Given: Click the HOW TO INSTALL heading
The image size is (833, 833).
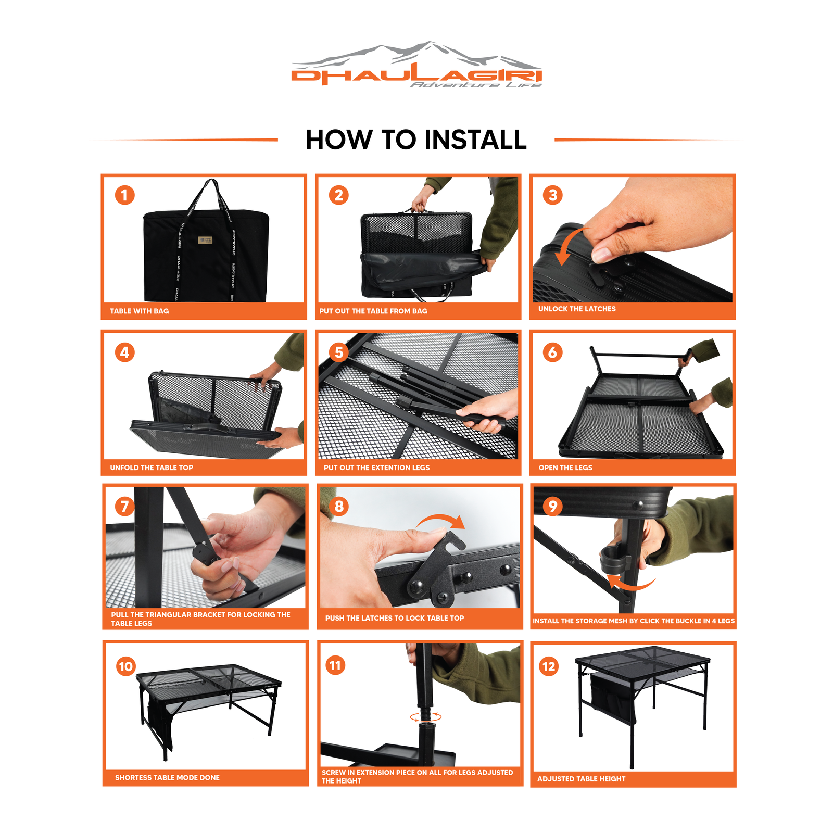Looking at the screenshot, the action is click(416, 140).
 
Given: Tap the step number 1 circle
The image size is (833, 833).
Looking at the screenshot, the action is click(124, 195).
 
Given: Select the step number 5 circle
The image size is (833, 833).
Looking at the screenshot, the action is click(339, 352).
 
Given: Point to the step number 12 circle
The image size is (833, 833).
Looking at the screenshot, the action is click(549, 666).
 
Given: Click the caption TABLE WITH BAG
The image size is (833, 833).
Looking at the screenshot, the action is click(140, 311).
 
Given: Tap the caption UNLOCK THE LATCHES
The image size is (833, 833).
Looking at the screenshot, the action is click(577, 309).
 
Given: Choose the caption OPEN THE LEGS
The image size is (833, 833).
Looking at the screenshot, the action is click(565, 468).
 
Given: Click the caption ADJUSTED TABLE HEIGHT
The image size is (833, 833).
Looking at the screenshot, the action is click(582, 779).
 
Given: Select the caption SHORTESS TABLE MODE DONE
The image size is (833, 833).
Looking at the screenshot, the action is click(167, 777).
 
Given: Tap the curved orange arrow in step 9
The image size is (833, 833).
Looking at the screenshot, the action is click(630, 583).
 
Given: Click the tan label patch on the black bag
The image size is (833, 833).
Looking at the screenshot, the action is click(205, 240).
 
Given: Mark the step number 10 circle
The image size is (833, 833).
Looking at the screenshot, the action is click(126, 666).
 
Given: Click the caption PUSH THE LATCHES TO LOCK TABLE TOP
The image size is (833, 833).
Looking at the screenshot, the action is click(395, 618).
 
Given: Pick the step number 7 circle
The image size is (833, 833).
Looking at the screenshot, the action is click(124, 506).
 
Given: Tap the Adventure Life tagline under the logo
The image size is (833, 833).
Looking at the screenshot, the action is click(476, 85).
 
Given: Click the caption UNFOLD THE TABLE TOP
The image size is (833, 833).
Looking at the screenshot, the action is click(152, 468).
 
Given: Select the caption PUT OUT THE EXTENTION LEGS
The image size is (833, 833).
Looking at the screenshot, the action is click(377, 468).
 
